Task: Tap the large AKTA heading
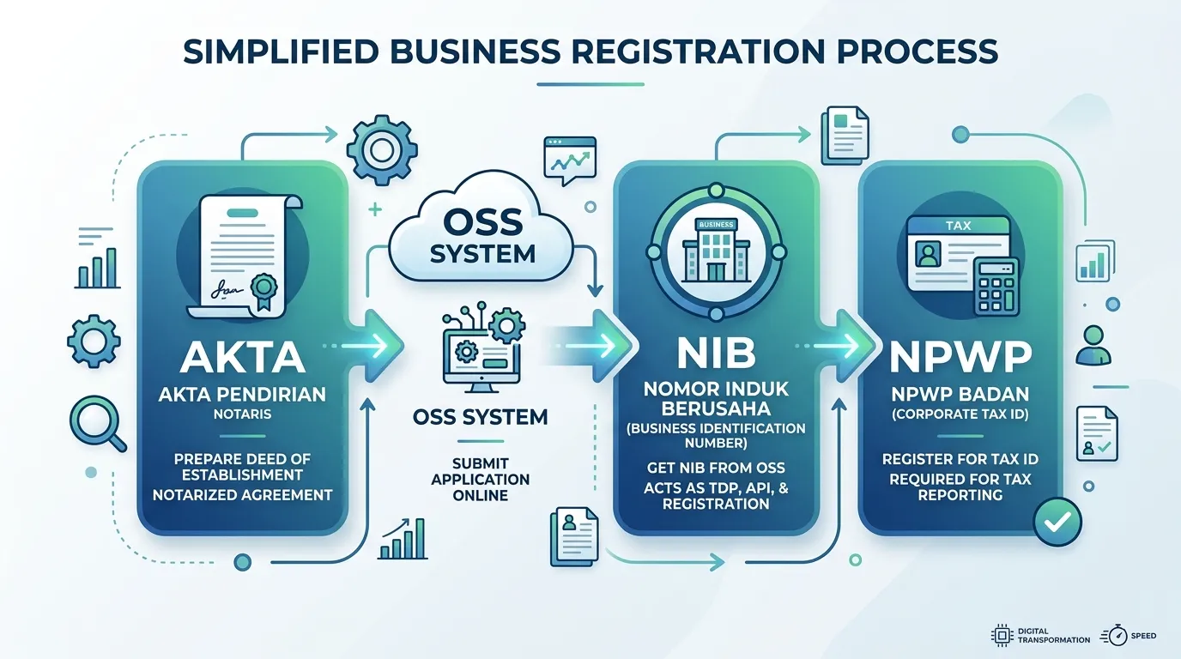point(243,358)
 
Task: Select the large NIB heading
point(716,353)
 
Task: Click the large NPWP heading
point(960,357)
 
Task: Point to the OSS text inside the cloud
point(483,222)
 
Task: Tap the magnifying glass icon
point(98,424)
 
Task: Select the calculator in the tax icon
point(996,287)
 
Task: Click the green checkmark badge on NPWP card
point(1057,522)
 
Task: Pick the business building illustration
point(716,250)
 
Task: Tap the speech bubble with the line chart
point(570,160)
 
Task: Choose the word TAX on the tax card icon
point(958,226)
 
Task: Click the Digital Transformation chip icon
point(1002,635)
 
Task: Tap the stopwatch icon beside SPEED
point(1114,636)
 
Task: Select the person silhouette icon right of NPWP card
point(1093,345)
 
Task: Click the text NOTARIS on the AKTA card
point(243,414)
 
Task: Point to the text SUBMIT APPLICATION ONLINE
point(481,479)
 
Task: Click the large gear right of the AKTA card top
point(382,150)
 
